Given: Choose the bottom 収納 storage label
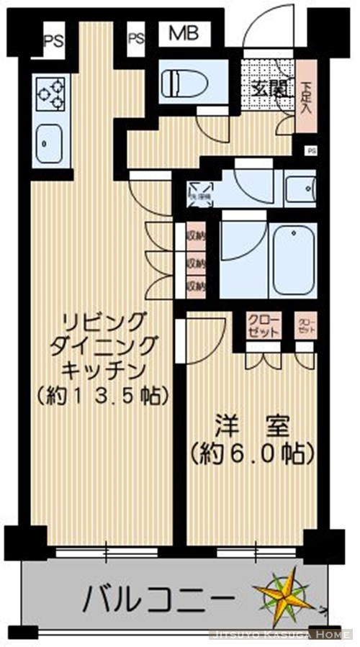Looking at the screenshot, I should [x=195, y=285].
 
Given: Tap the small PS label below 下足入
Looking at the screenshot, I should [x=312, y=150].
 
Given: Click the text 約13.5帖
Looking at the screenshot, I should [x=102, y=395].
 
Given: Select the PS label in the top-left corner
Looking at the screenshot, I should [x=53, y=40].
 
